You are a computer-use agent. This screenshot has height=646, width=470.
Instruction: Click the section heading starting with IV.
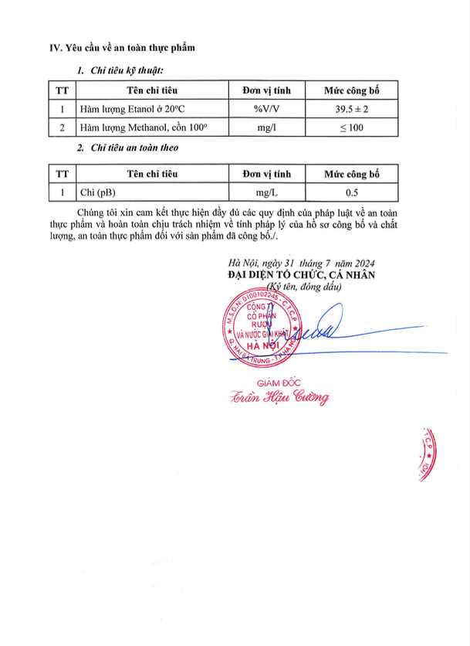(x=122, y=48)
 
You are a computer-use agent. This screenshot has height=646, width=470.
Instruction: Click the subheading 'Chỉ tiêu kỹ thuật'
(x=127, y=71)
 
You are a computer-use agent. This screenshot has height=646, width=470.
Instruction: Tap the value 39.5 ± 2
(x=351, y=109)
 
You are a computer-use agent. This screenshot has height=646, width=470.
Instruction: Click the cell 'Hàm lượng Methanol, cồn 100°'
(x=144, y=127)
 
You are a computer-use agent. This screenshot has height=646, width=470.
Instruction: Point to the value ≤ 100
(x=351, y=127)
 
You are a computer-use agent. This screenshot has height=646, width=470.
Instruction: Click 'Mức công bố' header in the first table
(x=351, y=90)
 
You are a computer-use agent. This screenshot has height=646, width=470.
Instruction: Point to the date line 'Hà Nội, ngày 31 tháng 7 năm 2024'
(x=297, y=263)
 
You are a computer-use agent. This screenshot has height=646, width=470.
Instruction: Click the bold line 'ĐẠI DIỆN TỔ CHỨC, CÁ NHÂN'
(x=300, y=274)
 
